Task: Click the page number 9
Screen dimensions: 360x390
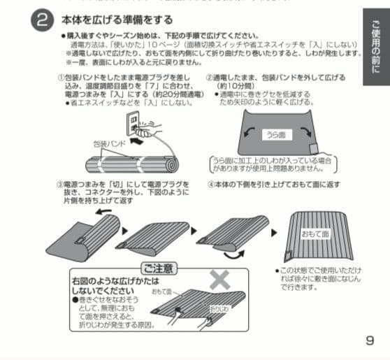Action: pyautogui.click(x=370, y=340)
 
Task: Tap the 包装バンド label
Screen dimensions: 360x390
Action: pyautogui.click(x=108, y=143)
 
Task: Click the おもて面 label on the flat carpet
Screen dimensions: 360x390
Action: pyautogui.click(x=315, y=236)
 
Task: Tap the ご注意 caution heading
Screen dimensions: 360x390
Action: pyautogui.click(x=159, y=268)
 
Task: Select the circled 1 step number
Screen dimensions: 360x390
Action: pyautogui.click(x=61, y=77)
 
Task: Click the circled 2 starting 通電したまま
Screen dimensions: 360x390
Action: pyautogui.click(x=209, y=77)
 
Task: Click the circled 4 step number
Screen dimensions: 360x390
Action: pyautogui.click(x=211, y=185)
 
